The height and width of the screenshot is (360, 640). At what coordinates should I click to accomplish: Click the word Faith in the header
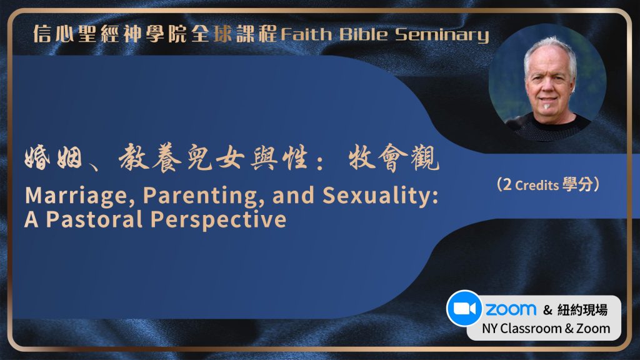tap(306, 34)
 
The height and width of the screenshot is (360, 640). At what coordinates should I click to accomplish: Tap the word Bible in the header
tap(363, 34)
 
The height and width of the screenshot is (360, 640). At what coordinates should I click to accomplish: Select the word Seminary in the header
tap(442, 36)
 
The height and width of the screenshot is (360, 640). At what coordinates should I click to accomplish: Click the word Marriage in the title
tap(80, 196)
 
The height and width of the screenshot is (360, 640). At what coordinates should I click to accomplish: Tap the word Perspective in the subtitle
tap(218, 220)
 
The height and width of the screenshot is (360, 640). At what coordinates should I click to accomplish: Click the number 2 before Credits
tap(507, 184)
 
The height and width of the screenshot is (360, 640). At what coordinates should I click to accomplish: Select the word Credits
tap(537, 185)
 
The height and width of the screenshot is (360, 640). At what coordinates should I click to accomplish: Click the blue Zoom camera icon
tap(464, 309)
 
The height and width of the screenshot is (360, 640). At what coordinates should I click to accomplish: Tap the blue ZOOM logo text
tap(511, 309)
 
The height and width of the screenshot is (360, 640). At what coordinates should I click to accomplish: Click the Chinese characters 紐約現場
tap(582, 310)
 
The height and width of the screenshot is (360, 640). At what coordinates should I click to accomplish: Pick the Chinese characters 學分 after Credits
tap(577, 184)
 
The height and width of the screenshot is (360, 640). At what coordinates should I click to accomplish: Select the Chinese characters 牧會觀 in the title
tap(394, 158)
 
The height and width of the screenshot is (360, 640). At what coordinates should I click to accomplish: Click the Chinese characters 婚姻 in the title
tap(54, 158)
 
